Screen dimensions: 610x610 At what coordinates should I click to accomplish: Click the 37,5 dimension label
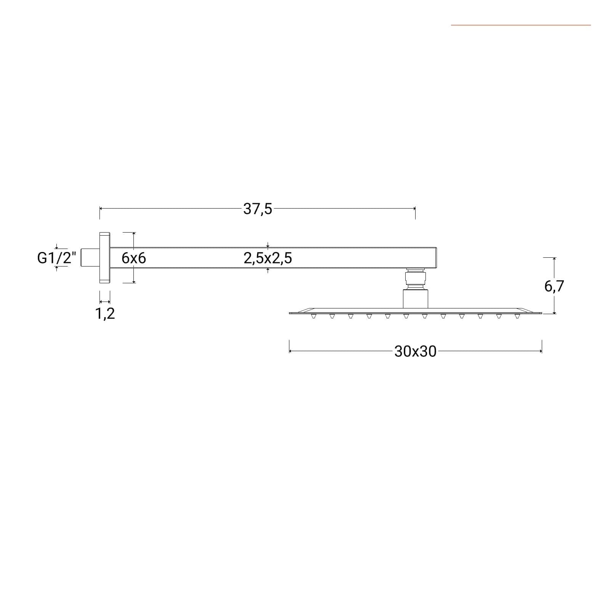coord(258,209)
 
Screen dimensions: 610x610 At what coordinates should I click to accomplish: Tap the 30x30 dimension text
coord(415,351)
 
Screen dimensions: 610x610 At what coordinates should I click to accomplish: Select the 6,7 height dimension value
coord(554,286)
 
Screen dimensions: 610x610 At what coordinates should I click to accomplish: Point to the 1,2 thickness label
coord(105,313)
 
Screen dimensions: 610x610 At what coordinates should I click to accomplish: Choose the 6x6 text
coord(134,258)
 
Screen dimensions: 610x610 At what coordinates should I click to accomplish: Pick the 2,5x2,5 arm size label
coord(268,258)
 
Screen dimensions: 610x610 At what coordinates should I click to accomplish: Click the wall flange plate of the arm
coord(105,257)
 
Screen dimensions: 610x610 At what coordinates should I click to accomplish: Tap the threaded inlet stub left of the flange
coord(90,257)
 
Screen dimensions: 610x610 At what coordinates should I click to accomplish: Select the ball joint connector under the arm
coord(415,278)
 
